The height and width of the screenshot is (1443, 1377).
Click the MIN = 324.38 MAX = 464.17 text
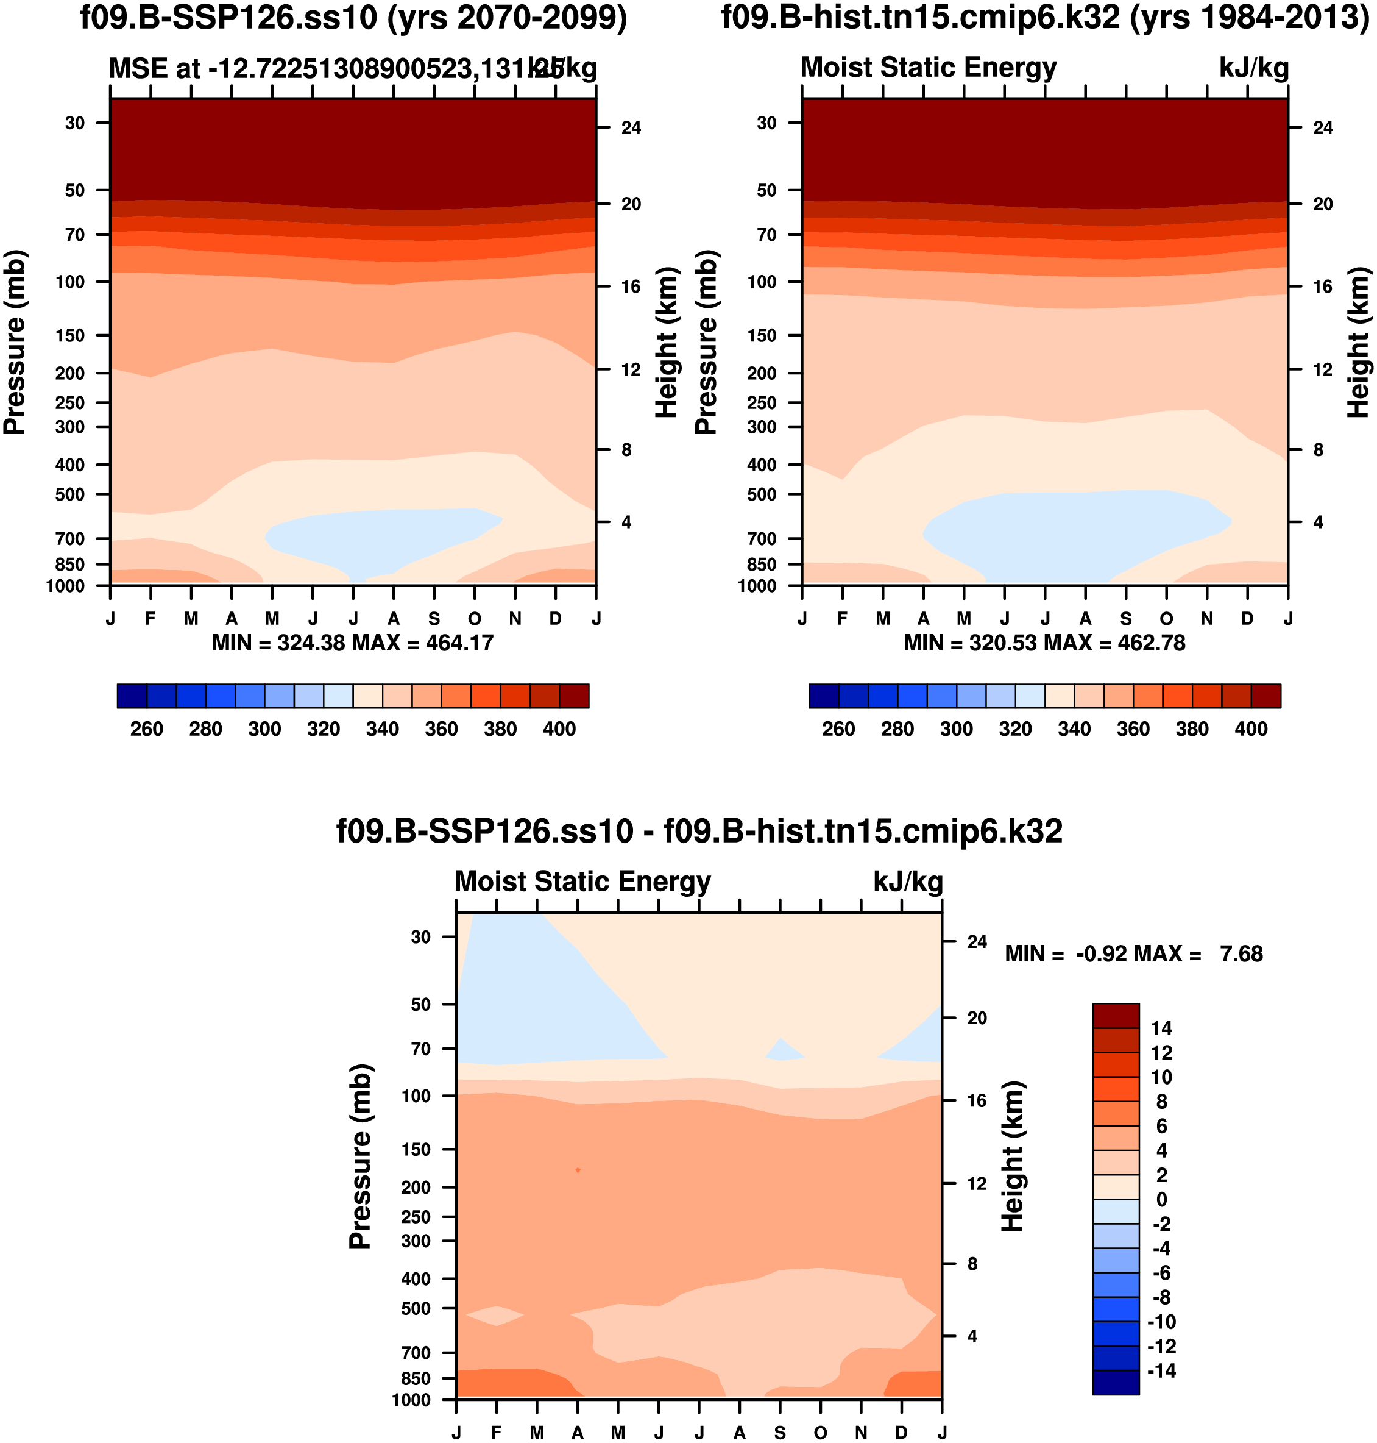352,643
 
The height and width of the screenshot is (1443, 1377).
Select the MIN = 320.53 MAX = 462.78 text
1044,643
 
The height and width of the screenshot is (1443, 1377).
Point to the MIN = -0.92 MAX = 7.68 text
1133,954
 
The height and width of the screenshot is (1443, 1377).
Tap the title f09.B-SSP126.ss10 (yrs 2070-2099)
353,18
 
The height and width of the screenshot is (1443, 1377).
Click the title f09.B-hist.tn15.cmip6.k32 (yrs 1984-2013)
1045,18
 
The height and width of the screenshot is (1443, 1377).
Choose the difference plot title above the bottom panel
699,832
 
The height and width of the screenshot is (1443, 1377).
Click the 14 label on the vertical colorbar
1161,1028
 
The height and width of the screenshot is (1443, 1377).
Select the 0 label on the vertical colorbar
1161,1199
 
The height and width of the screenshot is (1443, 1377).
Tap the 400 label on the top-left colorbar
559,729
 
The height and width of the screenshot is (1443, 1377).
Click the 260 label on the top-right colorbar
838,729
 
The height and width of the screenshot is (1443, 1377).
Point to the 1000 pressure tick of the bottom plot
411,1400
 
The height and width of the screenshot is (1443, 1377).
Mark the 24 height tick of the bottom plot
976,941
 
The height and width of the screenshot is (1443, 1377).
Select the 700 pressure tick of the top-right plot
761,539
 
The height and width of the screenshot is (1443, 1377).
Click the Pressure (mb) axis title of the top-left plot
15,342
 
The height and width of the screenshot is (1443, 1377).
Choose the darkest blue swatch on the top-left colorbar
132,696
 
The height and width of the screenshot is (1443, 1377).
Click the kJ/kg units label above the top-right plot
1254,68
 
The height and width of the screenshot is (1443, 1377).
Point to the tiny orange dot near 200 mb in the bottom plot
578,1170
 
